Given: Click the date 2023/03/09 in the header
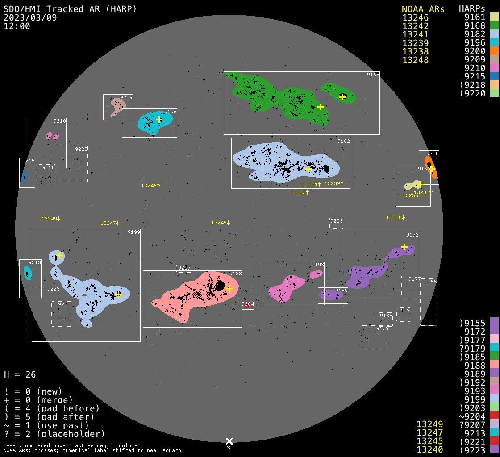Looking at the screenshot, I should click(30, 18).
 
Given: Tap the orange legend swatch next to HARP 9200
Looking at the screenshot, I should click(494, 51).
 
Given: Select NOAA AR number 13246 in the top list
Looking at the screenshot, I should click(415, 18).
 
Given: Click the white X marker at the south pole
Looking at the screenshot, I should click(229, 441).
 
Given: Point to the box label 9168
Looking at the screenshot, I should click(373, 75).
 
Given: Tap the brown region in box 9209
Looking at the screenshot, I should click(118, 105).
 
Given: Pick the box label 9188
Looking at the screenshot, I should click(236, 274).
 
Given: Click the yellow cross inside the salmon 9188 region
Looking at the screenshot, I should click(229, 288).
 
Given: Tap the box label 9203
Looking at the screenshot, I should click(336, 221).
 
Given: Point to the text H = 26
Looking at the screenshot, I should click(20, 374).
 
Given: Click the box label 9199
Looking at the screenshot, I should click(134, 232).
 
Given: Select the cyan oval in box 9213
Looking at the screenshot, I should click(27, 273).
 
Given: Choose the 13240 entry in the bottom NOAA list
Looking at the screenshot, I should click(429, 449).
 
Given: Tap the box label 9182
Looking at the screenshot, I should click(344, 141).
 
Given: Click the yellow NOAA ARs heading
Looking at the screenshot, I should click(423, 9).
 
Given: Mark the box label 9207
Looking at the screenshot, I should click(184, 268).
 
